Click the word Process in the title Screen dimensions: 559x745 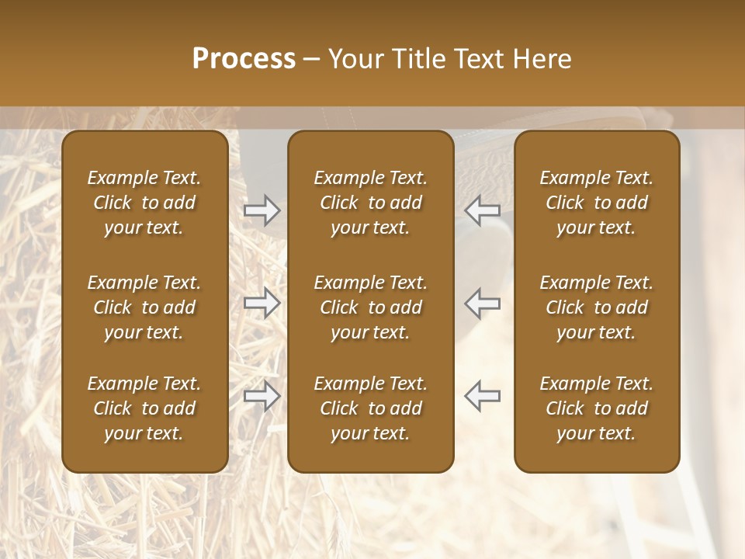tap(244, 59)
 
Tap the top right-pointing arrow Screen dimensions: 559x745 tap(262, 210)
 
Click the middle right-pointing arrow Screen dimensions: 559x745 tap(262, 303)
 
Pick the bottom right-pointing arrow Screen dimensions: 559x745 tap(262, 396)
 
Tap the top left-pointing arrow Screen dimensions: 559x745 tap(482, 210)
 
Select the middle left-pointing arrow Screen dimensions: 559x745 tap(482, 303)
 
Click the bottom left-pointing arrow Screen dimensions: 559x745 tap(482, 396)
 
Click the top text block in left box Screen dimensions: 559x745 tap(144, 203)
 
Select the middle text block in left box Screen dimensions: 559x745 tap(144, 307)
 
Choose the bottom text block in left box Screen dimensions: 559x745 tap(144, 408)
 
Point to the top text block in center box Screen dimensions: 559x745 tap(370, 203)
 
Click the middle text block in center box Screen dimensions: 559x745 tap(370, 307)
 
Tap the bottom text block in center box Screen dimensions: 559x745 tap(370, 408)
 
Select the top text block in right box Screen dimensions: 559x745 tap(596, 203)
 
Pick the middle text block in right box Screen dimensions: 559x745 tap(596, 307)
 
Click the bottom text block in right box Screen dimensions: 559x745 tap(596, 408)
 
